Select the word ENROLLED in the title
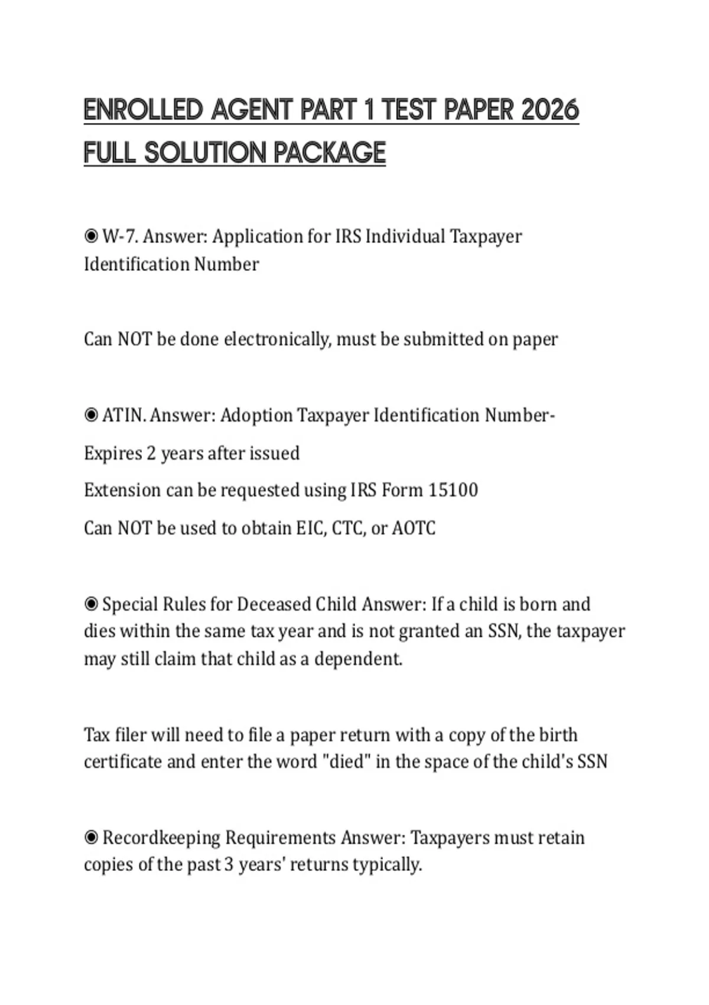coord(143,110)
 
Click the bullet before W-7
coord(91,236)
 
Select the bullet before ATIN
coord(91,416)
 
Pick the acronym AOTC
coord(414,528)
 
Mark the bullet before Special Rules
coord(91,604)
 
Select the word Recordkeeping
coord(161,838)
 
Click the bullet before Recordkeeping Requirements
coord(91,838)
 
